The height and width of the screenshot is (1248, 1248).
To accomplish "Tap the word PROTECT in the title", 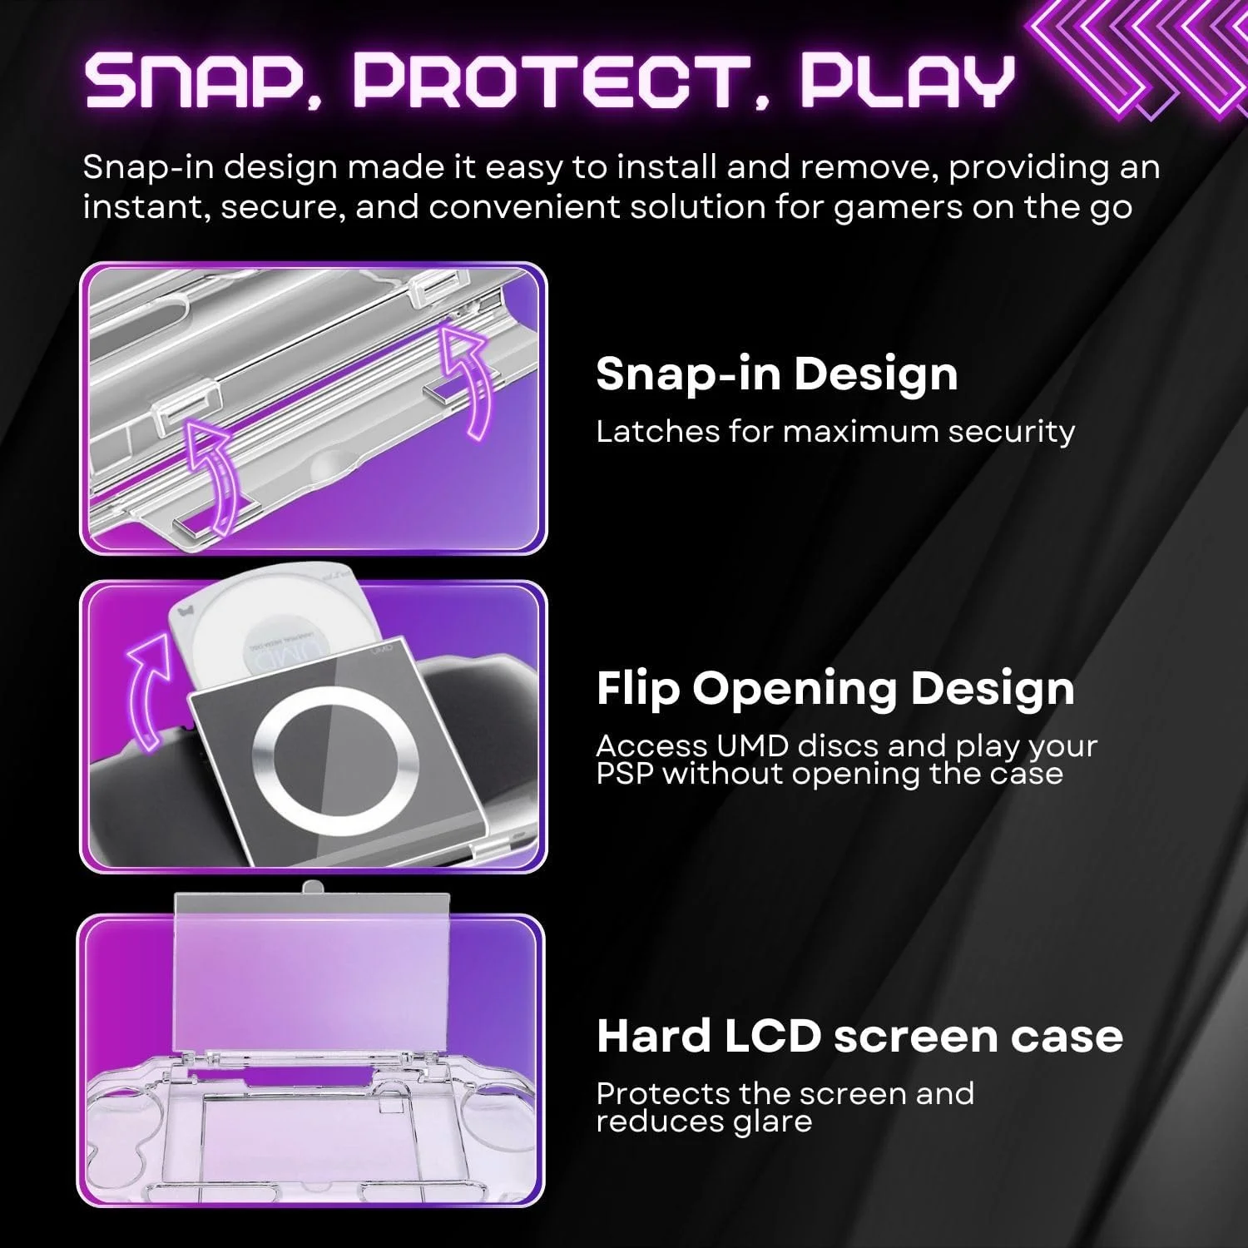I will pos(549,82).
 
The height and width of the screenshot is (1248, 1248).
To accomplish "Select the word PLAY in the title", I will pos(907,82).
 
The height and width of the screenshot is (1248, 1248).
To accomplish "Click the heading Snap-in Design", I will pos(776,374).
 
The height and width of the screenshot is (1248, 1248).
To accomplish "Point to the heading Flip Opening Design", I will pos(834,689).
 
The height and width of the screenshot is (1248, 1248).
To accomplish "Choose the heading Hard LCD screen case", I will pos(859,1037).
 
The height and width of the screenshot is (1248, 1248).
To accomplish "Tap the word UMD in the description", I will pos(738,746).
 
